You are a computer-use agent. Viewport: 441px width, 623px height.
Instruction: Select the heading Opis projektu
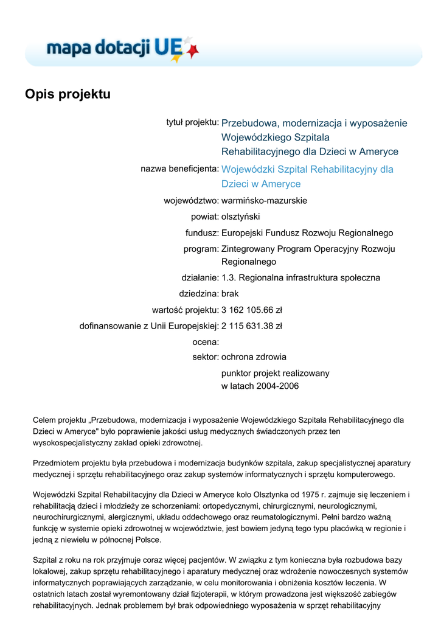tap(68, 94)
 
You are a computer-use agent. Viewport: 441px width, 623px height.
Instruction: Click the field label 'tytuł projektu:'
tap(192, 122)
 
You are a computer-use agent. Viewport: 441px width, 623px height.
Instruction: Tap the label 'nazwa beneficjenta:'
tap(179, 168)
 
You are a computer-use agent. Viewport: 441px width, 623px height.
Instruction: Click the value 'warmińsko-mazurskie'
tap(264, 200)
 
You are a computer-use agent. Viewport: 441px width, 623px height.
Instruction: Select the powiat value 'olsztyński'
tap(241, 216)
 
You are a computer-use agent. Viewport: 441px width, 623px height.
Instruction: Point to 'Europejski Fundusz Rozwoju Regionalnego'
tap(307, 232)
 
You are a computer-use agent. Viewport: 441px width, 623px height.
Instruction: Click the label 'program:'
tap(201, 249)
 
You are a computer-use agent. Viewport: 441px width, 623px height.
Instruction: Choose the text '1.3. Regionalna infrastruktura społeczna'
tap(300, 277)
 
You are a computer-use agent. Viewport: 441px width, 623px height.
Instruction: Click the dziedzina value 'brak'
tap(230, 293)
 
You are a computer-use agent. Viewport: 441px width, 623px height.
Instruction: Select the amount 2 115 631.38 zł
tap(252, 325)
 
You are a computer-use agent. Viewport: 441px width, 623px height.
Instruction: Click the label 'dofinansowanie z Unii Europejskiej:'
tap(149, 325)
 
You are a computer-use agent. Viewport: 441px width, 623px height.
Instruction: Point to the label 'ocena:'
tap(206, 342)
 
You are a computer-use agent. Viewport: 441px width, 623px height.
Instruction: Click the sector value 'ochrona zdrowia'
tap(254, 357)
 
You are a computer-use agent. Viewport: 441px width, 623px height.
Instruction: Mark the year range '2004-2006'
tap(278, 386)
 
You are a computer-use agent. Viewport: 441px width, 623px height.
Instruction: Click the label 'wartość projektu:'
tap(185, 309)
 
